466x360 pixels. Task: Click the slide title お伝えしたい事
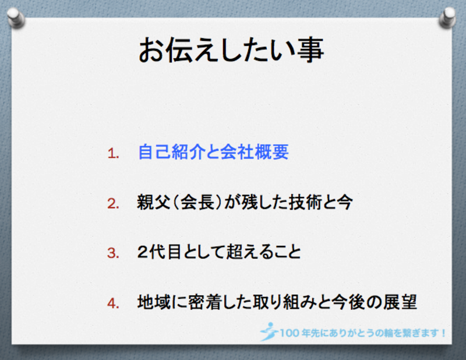click(x=231, y=50)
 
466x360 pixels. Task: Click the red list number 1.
click(x=113, y=154)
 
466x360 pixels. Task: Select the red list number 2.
click(x=113, y=204)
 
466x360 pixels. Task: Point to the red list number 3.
click(x=113, y=253)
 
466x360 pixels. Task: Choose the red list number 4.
click(x=113, y=303)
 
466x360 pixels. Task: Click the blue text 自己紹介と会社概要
click(x=213, y=152)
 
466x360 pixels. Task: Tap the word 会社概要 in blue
click(x=255, y=152)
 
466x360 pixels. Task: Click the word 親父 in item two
click(x=154, y=202)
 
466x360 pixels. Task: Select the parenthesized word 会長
click(x=197, y=202)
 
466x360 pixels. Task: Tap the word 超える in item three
click(x=250, y=252)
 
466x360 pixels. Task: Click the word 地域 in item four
click(x=154, y=302)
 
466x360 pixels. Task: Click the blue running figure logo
click(x=269, y=331)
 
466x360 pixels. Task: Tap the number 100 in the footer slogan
click(x=290, y=333)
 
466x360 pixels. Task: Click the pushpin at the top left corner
click(x=16, y=18)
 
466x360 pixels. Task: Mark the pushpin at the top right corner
click(x=447, y=18)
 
